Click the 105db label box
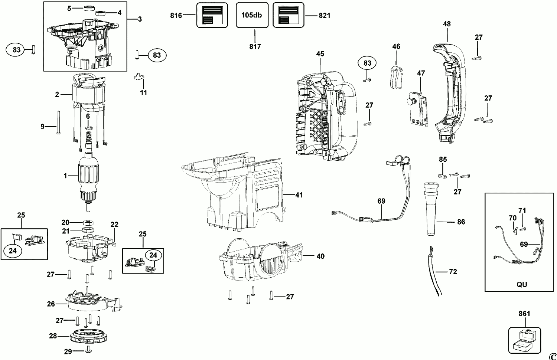pyautogui.click(x=252, y=15)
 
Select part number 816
pyautogui.click(x=176, y=16)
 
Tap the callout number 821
pyautogui.click(x=325, y=16)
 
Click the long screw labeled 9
pyautogui.click(x=59, y=123)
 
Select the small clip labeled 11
pyautogui.click(x=139, y=77)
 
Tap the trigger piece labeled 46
pyautogui.click(x=396, y=77)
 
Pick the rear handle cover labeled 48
pyautogui.click(x=449, y=92)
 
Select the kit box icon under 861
pyautogui.click(x=524, y=340)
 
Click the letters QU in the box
pyautogui.click(x=522, y=284)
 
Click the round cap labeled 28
pyautogui.click(x=88, y=336)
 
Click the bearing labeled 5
pyautogui.click(x=88, y=9)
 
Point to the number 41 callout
pyautogui.click(x=299, y=195)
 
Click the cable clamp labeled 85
pyautogui.click(x=442, y=176)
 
